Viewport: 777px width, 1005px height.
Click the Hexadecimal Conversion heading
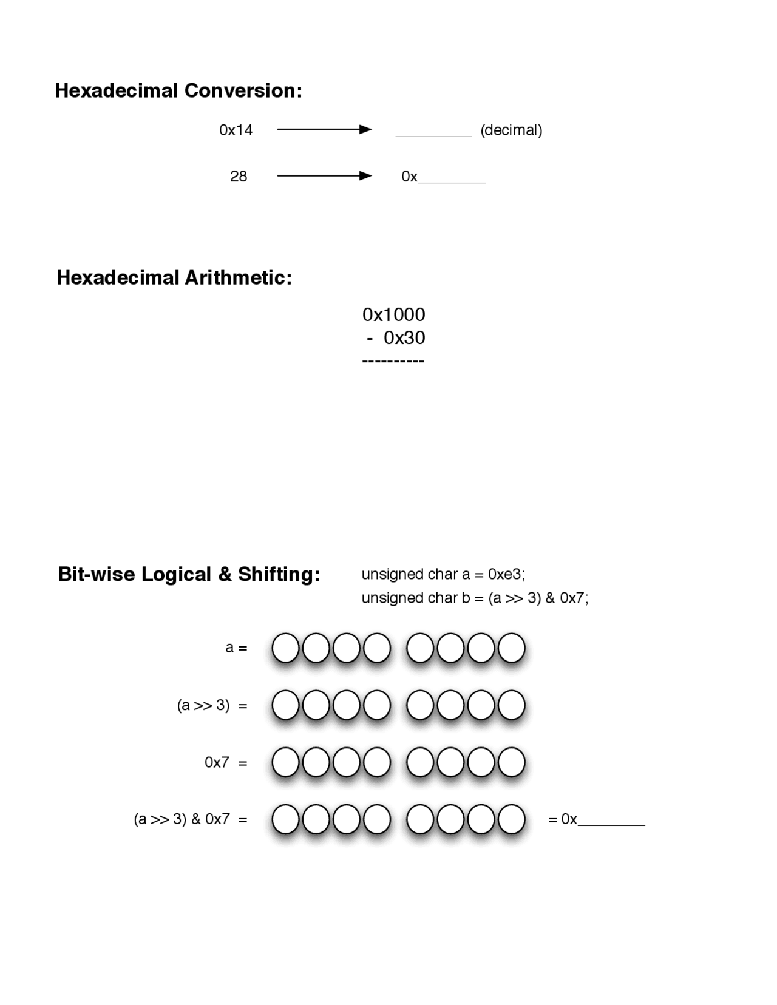pos(178,91)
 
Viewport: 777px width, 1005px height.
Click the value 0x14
pos(236,130)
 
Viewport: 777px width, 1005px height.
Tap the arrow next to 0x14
pos(324,129)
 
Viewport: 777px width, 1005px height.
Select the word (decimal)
pos(511,130)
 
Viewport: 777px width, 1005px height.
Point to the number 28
pos(239,177)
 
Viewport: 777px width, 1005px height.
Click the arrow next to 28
pos(324,176)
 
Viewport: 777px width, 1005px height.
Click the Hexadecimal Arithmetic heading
pos(174,278)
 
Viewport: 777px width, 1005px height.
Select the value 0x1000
pos(393,314)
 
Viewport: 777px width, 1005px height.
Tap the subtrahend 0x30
pos(404,338)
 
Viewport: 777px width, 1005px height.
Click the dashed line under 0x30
pos(393,361)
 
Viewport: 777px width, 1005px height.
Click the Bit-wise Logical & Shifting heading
pos(189,574)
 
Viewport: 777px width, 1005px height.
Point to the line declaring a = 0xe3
pos(443,574)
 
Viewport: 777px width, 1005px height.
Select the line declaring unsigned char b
pos(475,598)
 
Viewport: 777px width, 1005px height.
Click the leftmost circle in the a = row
pos(285,648)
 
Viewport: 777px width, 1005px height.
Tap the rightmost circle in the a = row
pos(511,648)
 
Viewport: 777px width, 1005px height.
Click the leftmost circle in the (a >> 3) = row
pos(285,705)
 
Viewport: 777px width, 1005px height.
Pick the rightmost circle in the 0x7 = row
pos(511,762)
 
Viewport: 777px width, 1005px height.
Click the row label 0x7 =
pos(226,762)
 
